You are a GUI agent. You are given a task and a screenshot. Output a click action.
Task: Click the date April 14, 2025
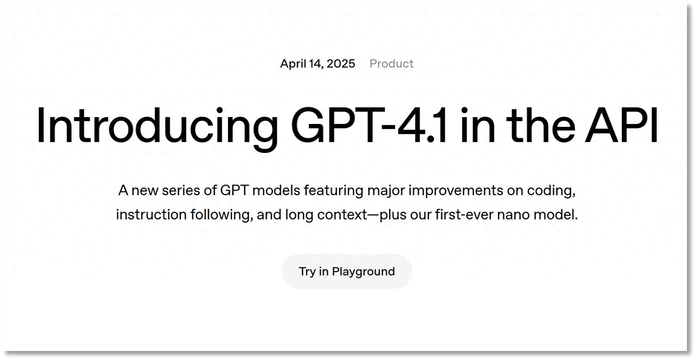coord(318,64)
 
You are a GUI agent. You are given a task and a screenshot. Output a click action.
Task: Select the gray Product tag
coord(391,64)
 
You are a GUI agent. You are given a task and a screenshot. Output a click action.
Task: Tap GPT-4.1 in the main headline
coord(369,125)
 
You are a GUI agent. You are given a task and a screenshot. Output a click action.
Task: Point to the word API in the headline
coord(622,125)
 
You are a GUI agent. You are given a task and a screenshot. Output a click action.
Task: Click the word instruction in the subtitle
coord(151,215)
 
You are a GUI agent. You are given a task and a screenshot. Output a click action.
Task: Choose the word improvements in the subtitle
coord(456,191)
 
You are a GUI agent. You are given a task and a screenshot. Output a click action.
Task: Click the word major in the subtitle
coord(386,191)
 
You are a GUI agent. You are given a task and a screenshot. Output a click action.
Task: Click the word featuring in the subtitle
coord(334,191)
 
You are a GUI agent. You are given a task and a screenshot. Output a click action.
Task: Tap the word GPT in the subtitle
coord(234,190)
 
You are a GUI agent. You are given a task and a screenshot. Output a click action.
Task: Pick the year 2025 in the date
coord(341,64)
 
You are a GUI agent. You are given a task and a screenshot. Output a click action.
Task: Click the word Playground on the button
coord(363,272)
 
